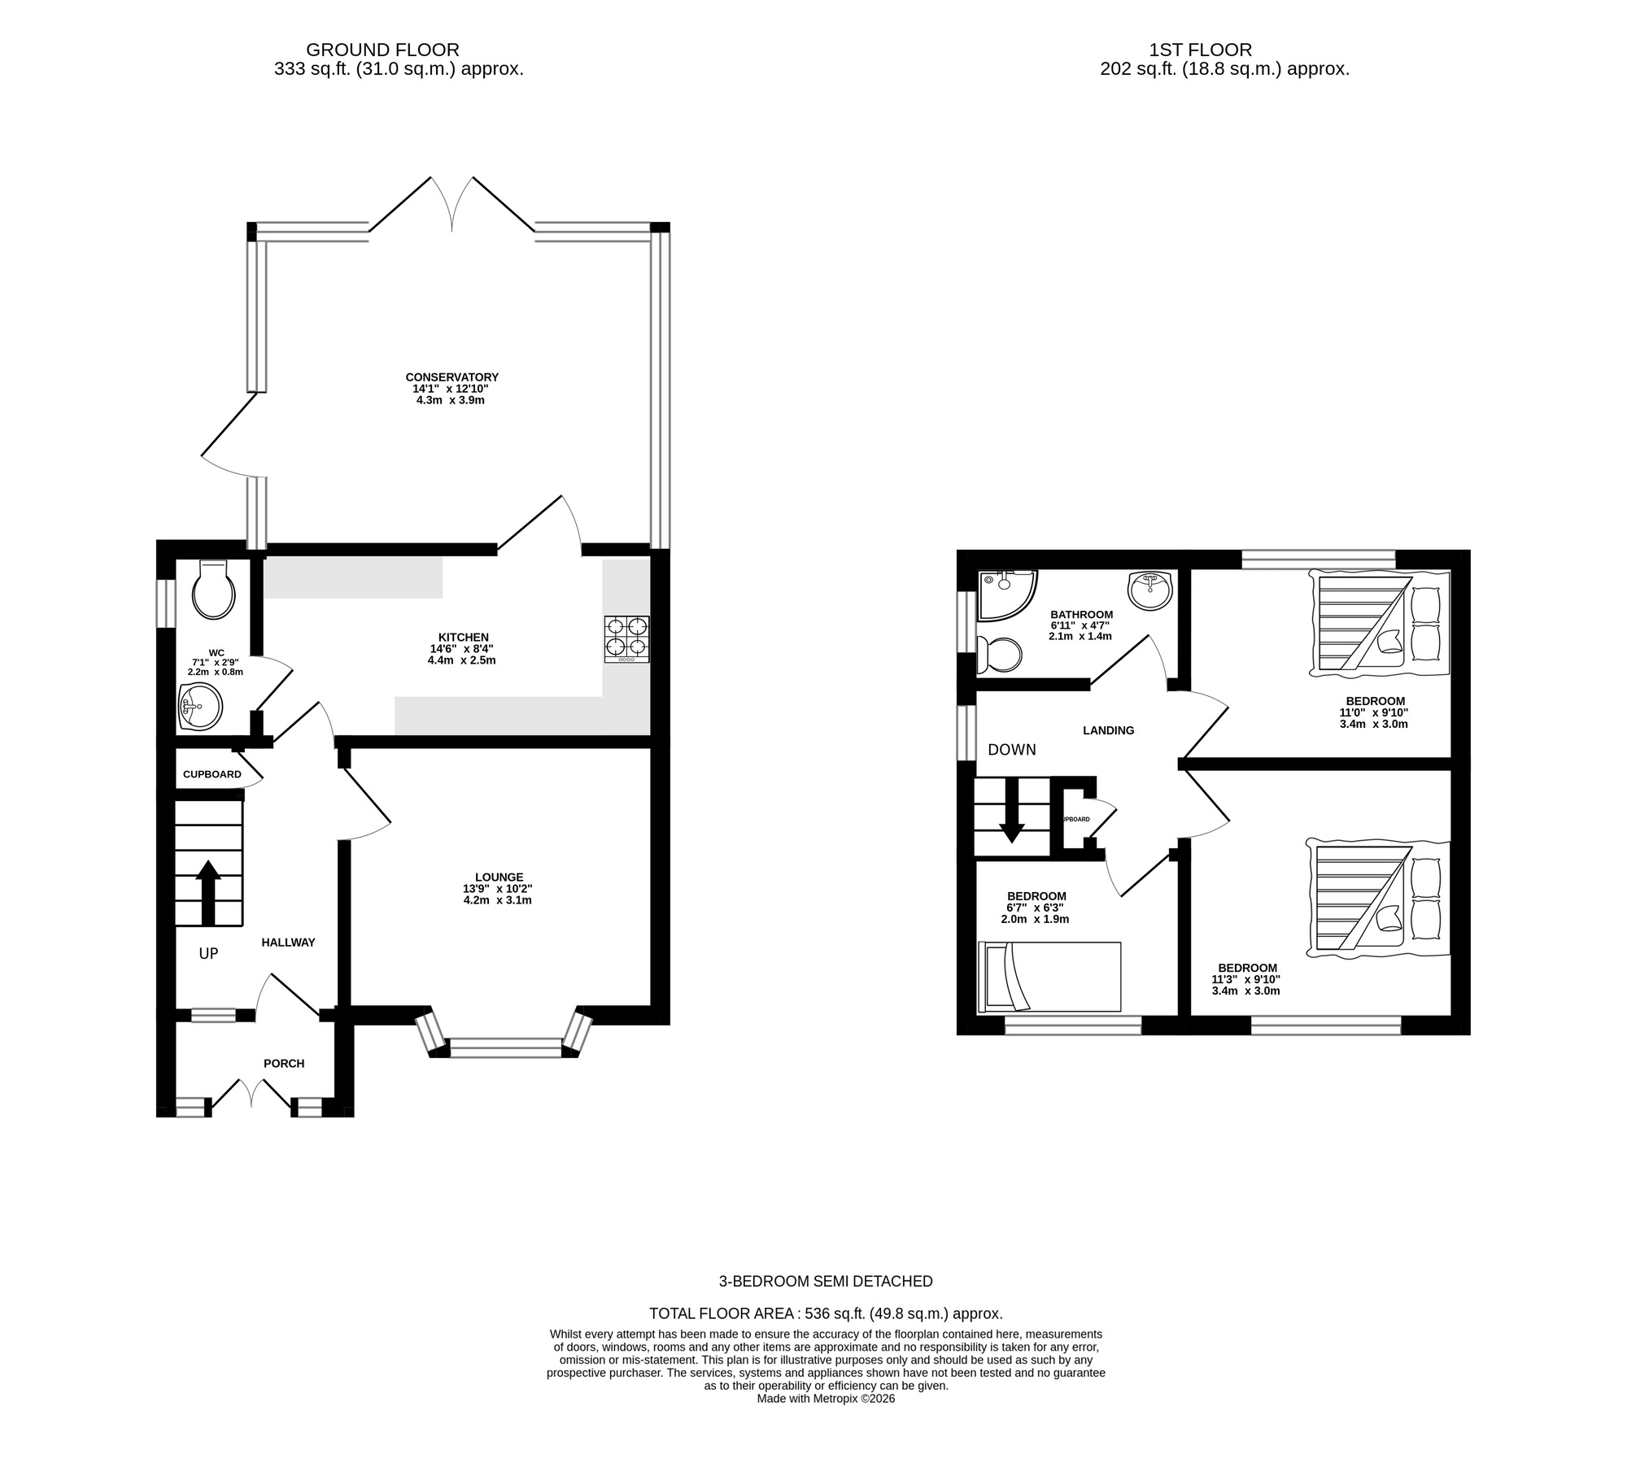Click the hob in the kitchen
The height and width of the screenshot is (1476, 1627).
coord(626,639)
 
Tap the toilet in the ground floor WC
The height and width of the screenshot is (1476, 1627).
coord(213,590)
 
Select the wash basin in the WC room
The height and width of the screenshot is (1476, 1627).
coord(200,706)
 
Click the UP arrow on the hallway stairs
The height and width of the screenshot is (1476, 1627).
coord(207,892)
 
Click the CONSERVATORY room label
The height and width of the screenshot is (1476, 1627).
coord(451,377)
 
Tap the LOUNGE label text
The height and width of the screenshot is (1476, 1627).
coord(499,877)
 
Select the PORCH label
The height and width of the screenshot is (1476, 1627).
coord(284,1063)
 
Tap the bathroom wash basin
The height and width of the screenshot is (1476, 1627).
coord(1150,589)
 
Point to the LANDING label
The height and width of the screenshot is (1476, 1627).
coord(1108,730)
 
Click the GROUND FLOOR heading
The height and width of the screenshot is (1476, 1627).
coord(382,50)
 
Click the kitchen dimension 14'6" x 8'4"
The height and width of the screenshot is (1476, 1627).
coord(461,649)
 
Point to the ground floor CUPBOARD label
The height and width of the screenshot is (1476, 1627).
coord(212,774)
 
